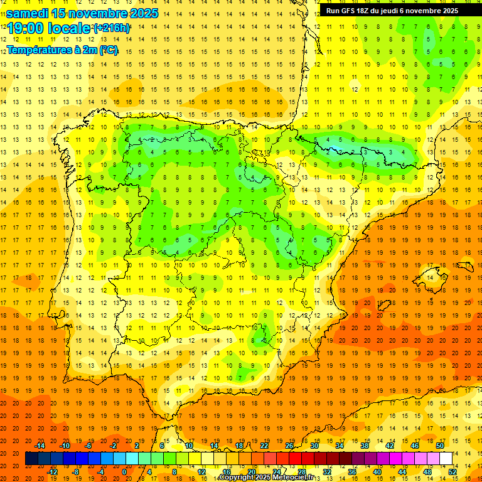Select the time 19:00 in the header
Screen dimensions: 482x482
[x=26, y=29]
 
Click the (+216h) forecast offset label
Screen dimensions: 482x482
[x=112, y=28]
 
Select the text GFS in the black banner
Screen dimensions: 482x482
[x=351, y=11]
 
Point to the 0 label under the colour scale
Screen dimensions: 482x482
[x=125, y=471]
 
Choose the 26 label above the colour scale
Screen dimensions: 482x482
[x=289, y=446]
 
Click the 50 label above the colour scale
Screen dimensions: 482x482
[x=440, y=446]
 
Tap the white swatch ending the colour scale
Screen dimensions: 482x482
[x=446, y=459]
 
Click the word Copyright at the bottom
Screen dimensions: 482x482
[x=236, y=478]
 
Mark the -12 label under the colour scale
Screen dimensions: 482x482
[x=53, y=471]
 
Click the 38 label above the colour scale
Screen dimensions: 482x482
[x=365, y=446]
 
